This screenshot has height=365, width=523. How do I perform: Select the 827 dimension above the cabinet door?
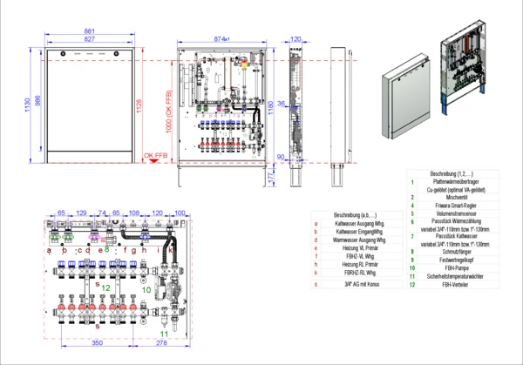click(90, 40)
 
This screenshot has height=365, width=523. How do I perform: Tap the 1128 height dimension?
click(139, 105)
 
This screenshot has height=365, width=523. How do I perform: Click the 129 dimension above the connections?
click(81, 213)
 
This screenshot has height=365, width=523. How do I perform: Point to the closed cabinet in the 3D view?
click(403, 102)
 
